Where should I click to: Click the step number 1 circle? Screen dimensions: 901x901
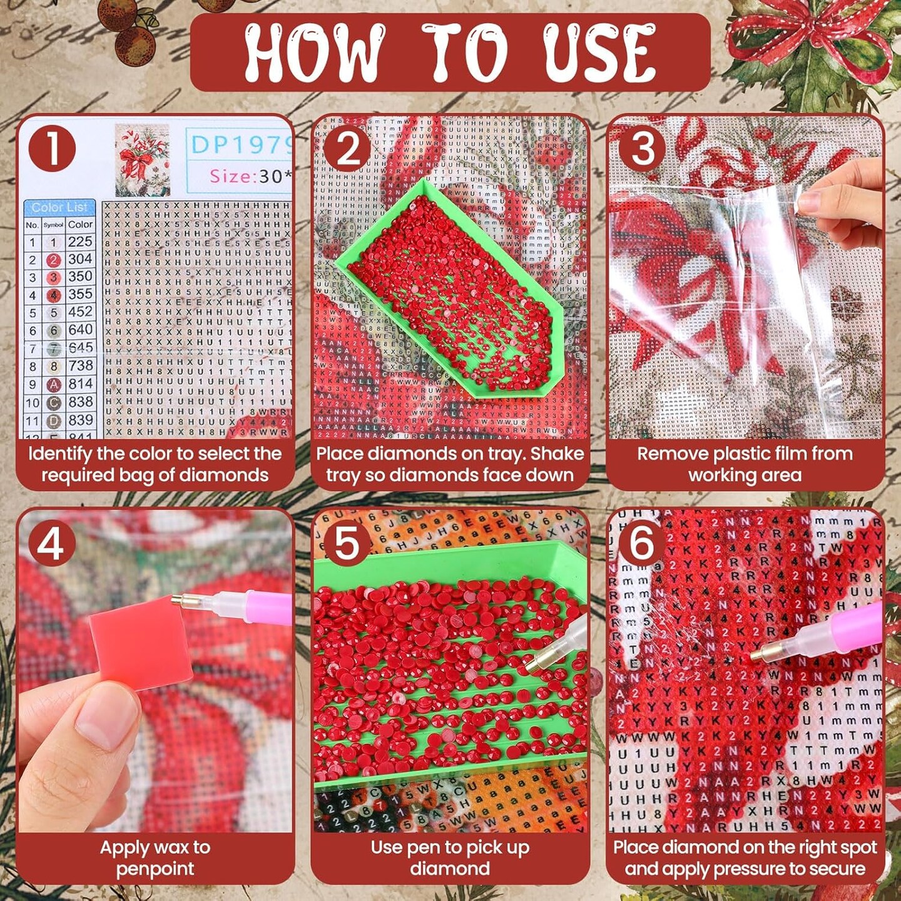coord(52,150)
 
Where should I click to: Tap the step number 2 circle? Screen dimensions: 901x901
coord(348,150)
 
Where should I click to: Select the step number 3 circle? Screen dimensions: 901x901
coord(643,150)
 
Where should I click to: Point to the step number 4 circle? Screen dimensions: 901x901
coord(51,542)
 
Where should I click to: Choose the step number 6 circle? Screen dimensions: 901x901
coord(642,542)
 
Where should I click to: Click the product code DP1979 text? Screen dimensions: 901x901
coord(242,145)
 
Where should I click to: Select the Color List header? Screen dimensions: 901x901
coord(59,207)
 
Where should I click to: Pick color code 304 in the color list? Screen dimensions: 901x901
coord(80,259)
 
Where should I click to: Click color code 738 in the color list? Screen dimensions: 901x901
coord(80,365)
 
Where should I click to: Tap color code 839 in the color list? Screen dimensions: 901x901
coord(81,420)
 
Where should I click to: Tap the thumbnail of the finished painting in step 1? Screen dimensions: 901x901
coord(143,160)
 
